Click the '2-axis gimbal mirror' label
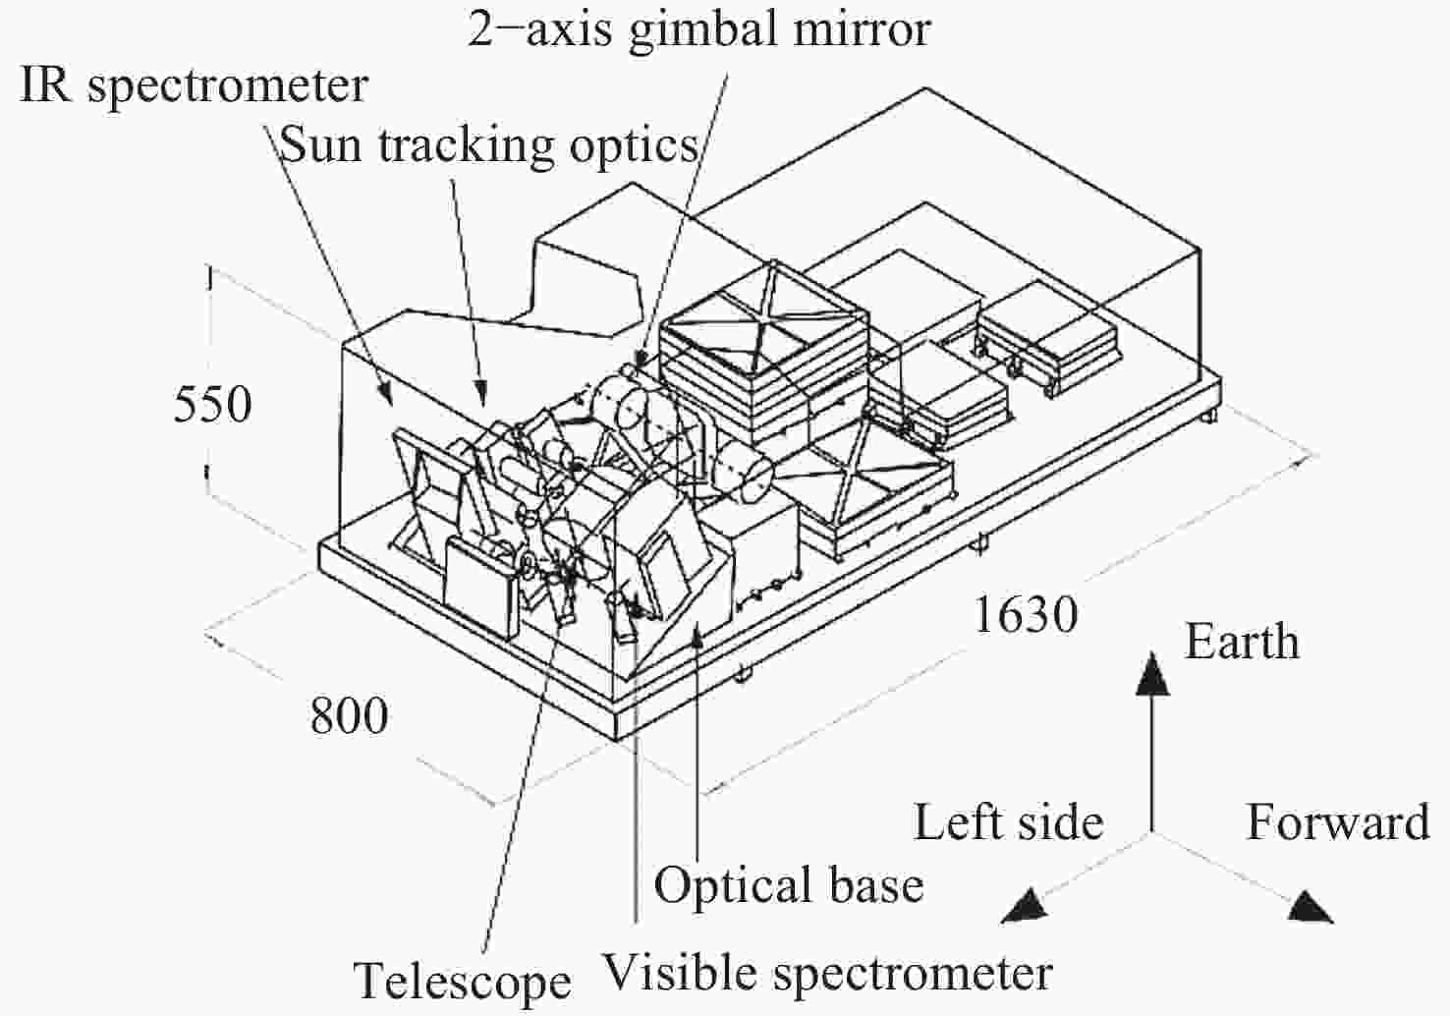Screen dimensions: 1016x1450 pyautogui.click(x=698, y=28)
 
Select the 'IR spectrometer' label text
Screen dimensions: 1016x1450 pyautogui.click(x=194, y=85)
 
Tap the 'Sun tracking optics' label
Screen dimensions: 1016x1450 pyautogui.click(x=489, y=145)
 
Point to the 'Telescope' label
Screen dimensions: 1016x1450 pyautogui.click(x=462, y=981)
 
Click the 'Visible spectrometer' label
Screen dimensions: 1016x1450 pyautogui.click(x=826, y=973)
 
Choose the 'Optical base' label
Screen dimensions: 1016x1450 pyautogui.click(x=788, y=884)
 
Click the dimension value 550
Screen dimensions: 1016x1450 pyautogui.click(x=212, y=404)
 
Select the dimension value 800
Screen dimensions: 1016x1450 pyautogui.click(x=349, y=715)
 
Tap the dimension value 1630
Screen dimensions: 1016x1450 pyautogui.click(x=1025, y=615)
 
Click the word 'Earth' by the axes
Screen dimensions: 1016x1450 pyautogui.click(x=1242, y=642)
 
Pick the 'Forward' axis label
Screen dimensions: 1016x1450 pyautogui.click(x=1337, y=821)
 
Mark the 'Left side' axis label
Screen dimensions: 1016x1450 pyautogui.click(x=1008, y=821)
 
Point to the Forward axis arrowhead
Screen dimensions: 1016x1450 pyautogui.click(x=1311, y=907)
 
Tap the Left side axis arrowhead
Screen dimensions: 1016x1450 pyautogui.click(x=1022, y=906)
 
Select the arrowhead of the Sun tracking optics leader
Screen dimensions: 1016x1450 pyautogui.click(x=482, y=393)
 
